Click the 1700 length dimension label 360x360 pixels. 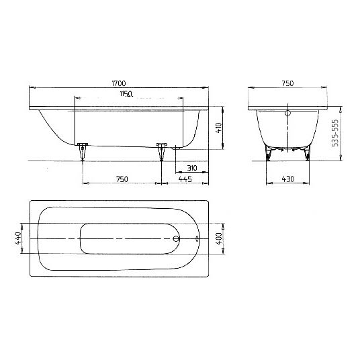(119, 83)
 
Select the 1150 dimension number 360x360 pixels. (126, 93)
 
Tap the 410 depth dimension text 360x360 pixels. (219, 128)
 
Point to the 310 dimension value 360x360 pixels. (192, 169)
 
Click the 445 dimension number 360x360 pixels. (185, 179)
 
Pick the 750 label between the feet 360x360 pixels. (122, 179)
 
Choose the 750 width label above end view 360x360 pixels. (287, 83)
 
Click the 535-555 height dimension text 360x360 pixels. (335, 133)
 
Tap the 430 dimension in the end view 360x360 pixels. (288, 179)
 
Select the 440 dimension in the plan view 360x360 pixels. (18, 238)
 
